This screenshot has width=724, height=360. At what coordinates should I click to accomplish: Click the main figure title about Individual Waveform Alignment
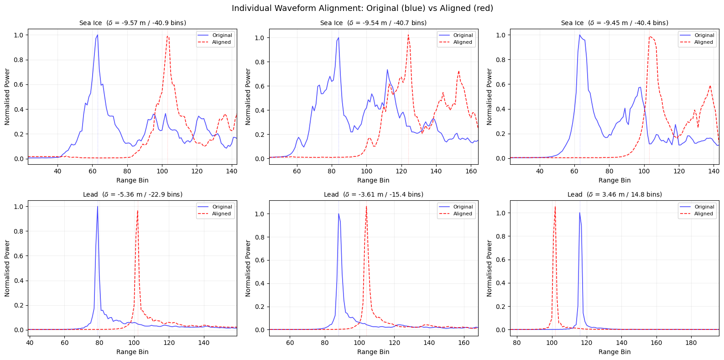362,8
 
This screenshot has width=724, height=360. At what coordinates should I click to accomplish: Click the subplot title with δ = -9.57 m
132,23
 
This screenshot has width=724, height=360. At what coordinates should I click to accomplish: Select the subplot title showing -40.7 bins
373,23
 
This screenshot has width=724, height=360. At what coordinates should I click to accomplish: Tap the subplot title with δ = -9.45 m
614,23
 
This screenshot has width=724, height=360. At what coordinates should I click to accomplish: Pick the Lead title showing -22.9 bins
132,194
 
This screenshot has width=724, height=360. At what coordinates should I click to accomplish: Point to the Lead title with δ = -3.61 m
373,194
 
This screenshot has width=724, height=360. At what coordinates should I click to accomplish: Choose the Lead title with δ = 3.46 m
614,194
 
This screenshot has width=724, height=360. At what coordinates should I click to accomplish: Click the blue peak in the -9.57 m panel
97,35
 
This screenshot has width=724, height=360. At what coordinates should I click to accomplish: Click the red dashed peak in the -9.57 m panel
167,37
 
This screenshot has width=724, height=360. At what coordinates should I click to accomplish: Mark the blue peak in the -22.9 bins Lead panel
97,207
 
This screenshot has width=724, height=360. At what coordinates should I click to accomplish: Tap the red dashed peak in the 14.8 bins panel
555,207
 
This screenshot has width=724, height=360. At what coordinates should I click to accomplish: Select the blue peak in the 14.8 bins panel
579,213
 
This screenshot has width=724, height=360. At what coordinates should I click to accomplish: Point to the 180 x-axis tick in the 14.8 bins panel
691,343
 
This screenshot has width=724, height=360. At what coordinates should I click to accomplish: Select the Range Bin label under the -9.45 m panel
614,180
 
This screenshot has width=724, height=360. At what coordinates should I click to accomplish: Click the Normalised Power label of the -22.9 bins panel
7,268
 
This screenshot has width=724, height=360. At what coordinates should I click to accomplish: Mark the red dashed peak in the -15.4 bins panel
366,207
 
